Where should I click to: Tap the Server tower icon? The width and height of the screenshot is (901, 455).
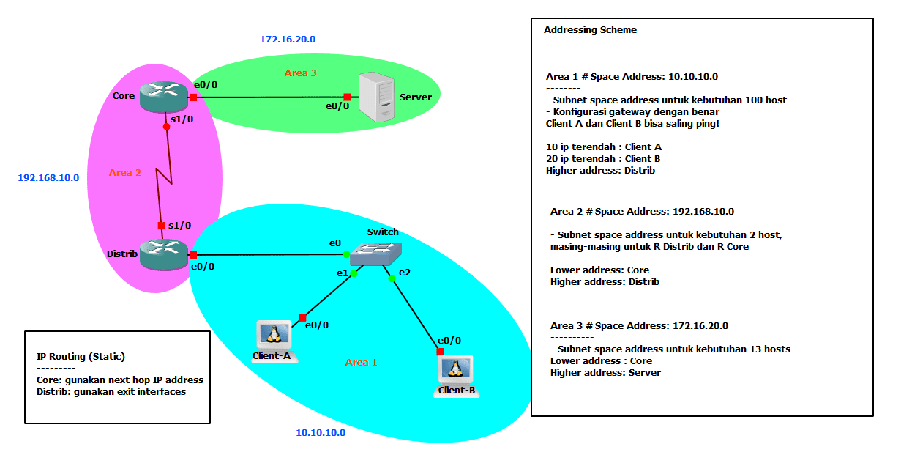[376, 97]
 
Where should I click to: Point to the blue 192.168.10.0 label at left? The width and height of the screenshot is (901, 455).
[48, 177]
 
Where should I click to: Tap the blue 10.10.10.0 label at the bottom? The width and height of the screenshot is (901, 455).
[321, 433]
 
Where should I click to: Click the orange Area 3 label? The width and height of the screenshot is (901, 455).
[301, 73]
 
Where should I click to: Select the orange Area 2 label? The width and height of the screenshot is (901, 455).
[125, 173]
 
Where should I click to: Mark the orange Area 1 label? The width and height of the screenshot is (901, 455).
[362, 362]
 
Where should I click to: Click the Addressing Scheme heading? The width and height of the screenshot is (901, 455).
[590, 30]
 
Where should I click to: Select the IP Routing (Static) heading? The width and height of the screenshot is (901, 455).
[81, 357]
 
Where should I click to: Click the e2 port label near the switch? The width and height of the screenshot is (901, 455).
[404, 272]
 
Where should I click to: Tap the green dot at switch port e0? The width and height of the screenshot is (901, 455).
[346, 254]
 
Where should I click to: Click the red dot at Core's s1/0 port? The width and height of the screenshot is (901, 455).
[167, 127]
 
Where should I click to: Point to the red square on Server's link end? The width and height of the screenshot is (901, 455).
[347, 97]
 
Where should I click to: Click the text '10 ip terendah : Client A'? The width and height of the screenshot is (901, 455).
[603, 147]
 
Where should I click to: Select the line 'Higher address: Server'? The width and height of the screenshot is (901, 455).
[605, 372]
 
